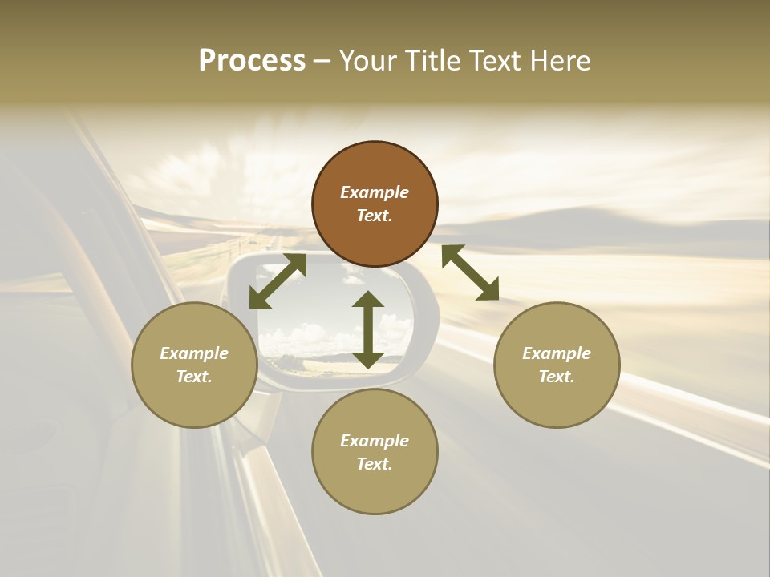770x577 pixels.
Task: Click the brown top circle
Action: click(x=375, y=204)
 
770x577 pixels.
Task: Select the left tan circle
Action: click(x=194, y=365)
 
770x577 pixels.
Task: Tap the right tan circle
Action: click(x=556, y=365)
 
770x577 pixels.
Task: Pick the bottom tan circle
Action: click(x=375, y=452)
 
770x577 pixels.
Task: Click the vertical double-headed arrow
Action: click(x=368, y=329)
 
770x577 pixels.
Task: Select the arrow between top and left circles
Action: click(x=278, y=281)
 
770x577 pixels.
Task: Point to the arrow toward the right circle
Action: click(x=470, y=272)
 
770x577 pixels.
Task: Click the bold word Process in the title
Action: click(x=252, y=61)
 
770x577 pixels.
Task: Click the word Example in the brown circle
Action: click(x=375, y=192)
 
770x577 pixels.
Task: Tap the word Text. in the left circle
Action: click(x=194, y=377)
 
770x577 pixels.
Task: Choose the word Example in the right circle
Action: click(x=556, y=353)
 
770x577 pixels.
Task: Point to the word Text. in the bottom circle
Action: click(x=375, y=464)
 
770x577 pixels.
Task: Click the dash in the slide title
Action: click(x=322, y=62)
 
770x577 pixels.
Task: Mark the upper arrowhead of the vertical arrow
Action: click(x=368, y=301)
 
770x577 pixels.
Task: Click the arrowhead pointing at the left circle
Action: click(x=258, y=299)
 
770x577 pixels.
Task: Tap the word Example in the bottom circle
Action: click(x=375, y=441)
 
